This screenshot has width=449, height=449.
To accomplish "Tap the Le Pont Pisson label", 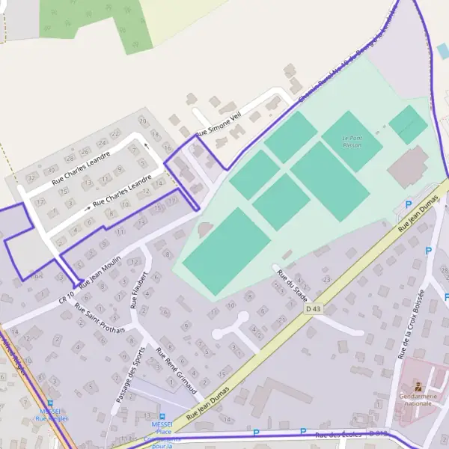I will pyautogui.click(x=352, y=141).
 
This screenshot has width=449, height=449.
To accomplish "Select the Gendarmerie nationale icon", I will pyautogui.click(x=418, y=388).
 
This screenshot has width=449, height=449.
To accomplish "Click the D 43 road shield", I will pyautogui.click(x=313, y=308).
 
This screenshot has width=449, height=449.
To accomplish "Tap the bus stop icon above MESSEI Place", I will pyautogui.click(x=162, y=416).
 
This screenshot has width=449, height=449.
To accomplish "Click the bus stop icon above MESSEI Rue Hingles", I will pyautogui.click(x=50, y=403).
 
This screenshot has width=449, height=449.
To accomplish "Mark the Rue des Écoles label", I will pyautogui.click(x=339, y=435).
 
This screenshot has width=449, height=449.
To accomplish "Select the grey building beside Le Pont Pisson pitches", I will pyautogui.click(x=408, y=167).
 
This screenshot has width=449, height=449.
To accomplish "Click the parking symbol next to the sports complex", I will pyautogui.click(x=409, y=204).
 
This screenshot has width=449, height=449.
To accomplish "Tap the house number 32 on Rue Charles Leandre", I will pyautogui.click(x=31, y=178).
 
